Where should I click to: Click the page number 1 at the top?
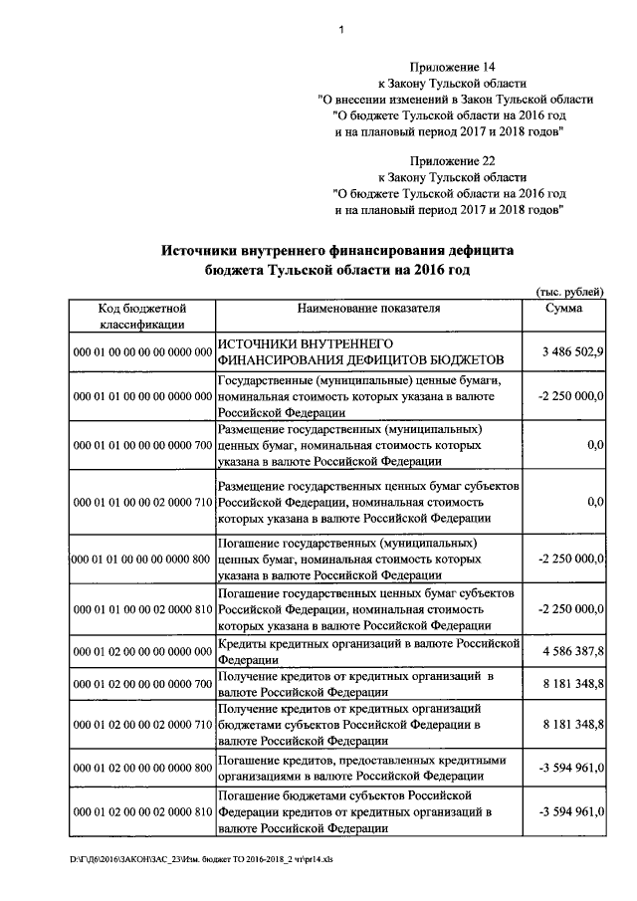coord(341,30)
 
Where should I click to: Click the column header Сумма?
coord(564,309)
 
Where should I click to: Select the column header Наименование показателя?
coord(368,309)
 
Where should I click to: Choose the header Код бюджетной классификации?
coord(141,317)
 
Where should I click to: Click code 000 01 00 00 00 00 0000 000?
coord(141,353)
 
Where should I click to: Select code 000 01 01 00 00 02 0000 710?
coord(141,503)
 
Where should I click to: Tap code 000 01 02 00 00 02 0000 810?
coord(141,812)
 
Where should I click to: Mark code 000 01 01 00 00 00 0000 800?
coord(141,560)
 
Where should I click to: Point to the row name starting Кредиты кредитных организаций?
coord(368,651)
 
